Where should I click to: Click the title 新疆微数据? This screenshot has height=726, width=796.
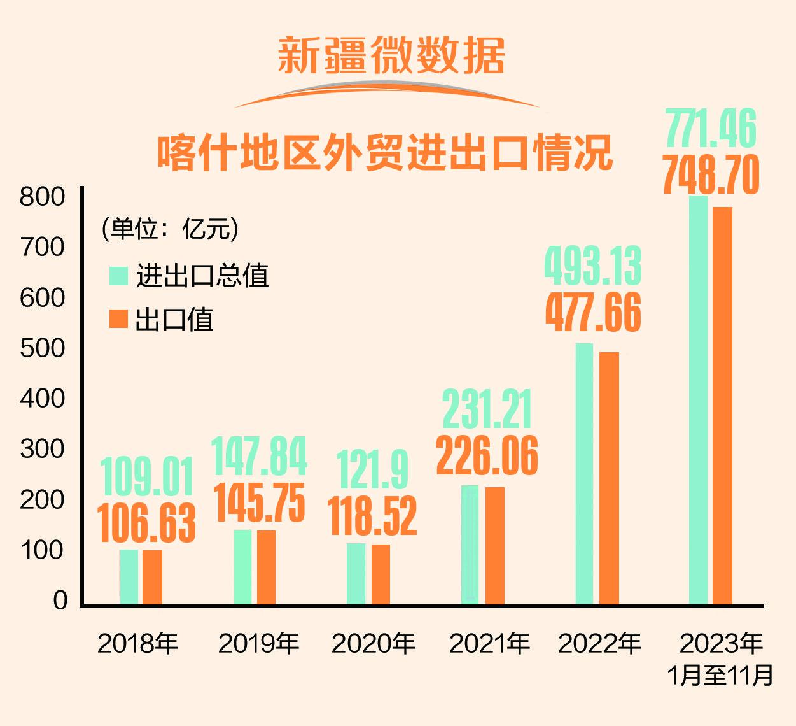click(391, 55)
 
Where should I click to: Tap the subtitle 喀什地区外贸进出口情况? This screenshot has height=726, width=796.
click(385, 153)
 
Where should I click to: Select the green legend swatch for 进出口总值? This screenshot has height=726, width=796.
click(119, 276)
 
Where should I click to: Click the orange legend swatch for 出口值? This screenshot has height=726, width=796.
click(119, 319)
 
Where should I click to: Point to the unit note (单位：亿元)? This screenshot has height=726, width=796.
click(169, 229)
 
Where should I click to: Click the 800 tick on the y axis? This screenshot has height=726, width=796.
click(43, 197)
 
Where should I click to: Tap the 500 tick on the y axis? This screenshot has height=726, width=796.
click(43, 348)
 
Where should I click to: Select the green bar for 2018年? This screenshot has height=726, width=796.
click(129, 576)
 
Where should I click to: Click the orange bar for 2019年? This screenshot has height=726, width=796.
click(267, 567)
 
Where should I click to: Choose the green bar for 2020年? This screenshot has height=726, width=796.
click(356, 573)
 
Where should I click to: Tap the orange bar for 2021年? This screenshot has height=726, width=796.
click(495, 545)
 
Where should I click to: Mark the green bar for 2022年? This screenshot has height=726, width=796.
click(584, 474)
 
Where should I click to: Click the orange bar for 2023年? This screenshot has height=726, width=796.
click(722, 405)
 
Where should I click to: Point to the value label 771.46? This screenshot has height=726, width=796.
click(711, 129)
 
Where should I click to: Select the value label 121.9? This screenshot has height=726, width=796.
click(372, 470)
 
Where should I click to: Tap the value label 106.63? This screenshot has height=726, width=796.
click(147, 523)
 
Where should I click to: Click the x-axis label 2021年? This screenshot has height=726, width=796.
click(489, 644)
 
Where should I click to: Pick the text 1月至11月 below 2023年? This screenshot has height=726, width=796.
click(721, 675)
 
